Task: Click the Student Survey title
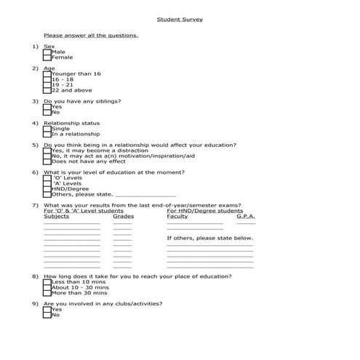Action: tap(180, 20)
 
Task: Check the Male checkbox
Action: tap(47, 52)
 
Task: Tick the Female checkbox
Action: tap(47, 58)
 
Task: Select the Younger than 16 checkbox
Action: tap(47, 74)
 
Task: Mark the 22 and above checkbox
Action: tap(47, 91)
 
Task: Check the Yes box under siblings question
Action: tap(47, 107)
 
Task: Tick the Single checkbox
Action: tap(47, 129)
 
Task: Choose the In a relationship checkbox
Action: tap(47, 135)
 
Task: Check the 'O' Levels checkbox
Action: tap(47, 178)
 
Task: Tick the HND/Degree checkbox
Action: tap(47, 189)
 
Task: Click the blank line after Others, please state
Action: tap(145, 196)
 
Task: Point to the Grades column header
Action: tap(123, 217)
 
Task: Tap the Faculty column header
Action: tap(177, 217)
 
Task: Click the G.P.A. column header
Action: tap(245, 217)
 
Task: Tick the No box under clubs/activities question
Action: tap(47, 315)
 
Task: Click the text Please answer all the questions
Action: tap(90, 35)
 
